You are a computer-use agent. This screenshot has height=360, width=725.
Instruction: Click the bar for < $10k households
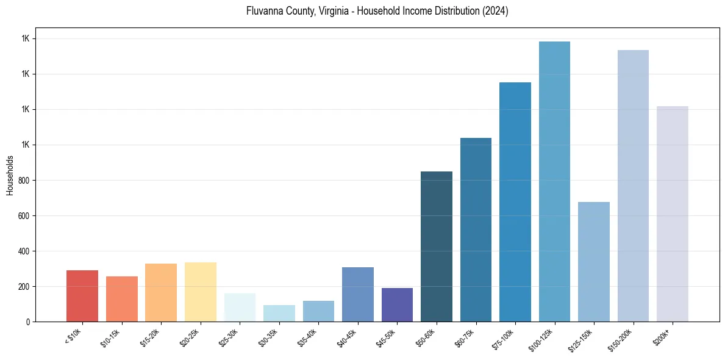[82, 296]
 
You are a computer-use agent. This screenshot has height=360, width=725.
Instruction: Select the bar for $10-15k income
[121, 299]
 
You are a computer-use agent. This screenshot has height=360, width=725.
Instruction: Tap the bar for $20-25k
[200, 292]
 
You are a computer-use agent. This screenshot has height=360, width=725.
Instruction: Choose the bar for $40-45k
[357, 295]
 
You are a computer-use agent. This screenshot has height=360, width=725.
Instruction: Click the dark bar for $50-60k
[437, 247]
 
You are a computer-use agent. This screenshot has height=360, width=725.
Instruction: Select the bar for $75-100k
[515, 202]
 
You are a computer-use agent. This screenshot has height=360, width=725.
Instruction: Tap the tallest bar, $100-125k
[554, 182]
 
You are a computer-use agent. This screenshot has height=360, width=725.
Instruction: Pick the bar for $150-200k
[633, 186]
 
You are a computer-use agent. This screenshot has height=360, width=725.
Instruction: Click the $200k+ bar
[673, 214]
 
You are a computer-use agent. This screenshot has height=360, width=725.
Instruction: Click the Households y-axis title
[10, 175]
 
